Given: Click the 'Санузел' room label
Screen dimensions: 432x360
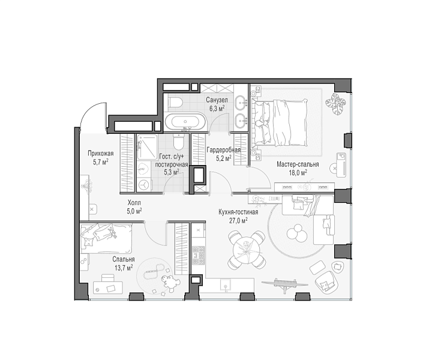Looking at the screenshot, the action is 217,100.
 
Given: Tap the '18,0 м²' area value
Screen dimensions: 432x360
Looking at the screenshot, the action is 298,172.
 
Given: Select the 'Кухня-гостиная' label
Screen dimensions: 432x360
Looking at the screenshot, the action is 238,212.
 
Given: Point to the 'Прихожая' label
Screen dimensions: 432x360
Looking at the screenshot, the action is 101,154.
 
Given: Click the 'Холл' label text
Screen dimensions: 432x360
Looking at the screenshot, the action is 134,203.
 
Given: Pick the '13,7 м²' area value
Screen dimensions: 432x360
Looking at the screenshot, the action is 124,267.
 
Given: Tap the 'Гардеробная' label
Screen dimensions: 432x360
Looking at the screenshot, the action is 223,150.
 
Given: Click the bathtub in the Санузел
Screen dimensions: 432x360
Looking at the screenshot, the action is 185,122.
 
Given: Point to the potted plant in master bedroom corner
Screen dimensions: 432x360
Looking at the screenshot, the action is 335,104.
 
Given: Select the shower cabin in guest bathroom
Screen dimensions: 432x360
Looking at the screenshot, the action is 147,148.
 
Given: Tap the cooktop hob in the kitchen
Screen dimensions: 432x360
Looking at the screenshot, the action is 199,255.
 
